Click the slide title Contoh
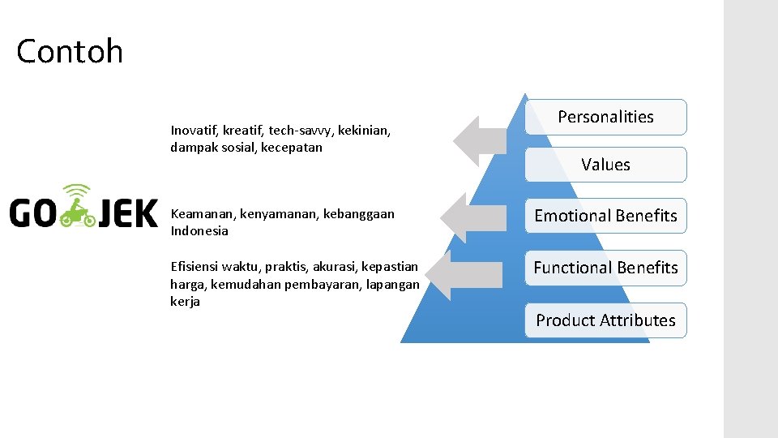[70, 52]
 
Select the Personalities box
[605, 117]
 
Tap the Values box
[605, 165]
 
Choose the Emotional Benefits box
[605, 216]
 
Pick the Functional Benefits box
[605, 268]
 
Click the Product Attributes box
[605, 320]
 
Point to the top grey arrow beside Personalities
[480, 140]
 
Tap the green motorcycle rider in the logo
[79, 210]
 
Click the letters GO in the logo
[32, 214]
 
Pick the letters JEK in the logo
[128, 214]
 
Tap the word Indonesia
[199, 231]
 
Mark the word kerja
[185, 302]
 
